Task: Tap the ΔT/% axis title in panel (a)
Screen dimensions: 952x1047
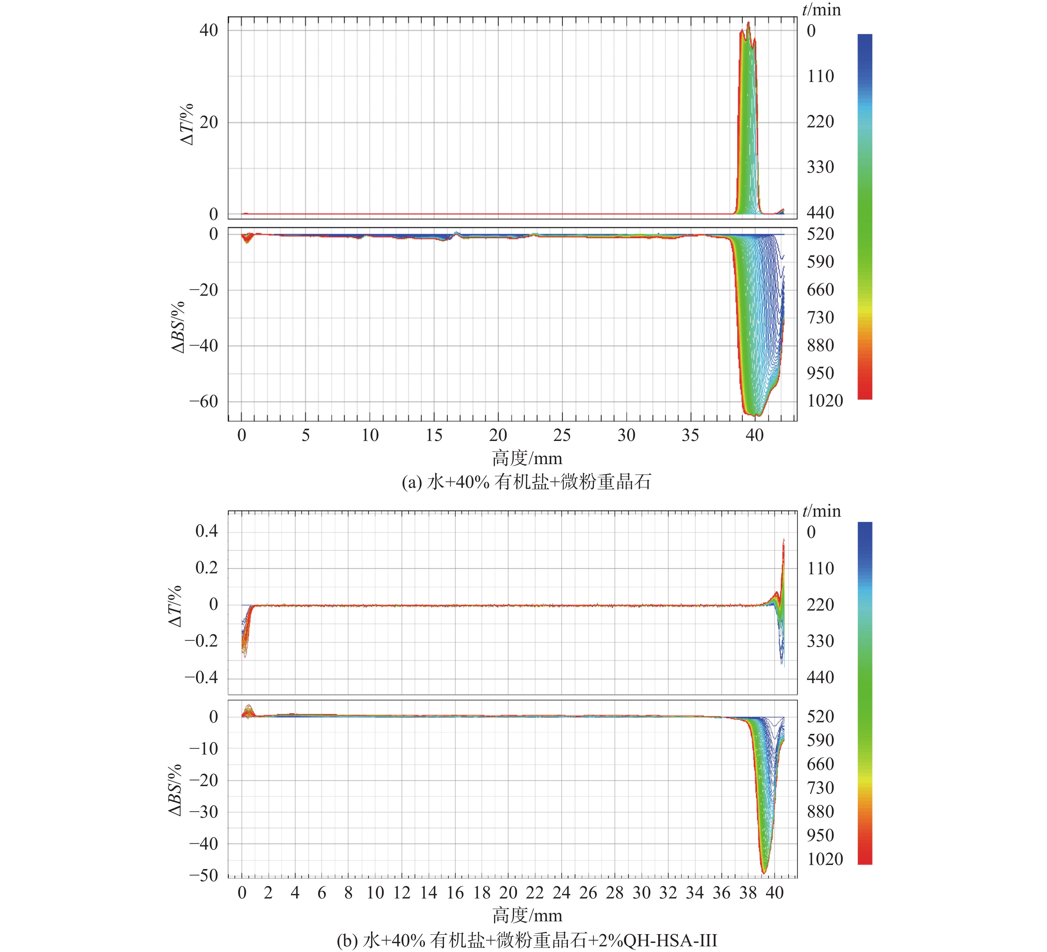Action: click(x=187, y=125)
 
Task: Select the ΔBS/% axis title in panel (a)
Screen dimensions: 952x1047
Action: click(x=178, y=327)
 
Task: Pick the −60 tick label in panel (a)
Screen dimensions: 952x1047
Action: click(x=204, y=402)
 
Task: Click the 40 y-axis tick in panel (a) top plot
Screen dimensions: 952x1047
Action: click(x=208, y=30)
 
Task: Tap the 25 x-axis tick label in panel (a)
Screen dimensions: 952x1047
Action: click(x=562, y=435)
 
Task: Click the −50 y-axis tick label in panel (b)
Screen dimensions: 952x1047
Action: click(x=204, y=875)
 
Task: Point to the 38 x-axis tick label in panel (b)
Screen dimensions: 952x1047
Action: click(x=748, y=893)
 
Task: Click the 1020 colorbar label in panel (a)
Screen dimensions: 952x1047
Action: click(x=825, y=401)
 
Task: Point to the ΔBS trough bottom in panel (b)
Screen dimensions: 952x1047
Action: click(x=764, y=872)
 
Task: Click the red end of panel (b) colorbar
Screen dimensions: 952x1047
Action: click(x=865, y=860)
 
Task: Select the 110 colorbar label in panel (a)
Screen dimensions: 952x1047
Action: click(x=820, y=76)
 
